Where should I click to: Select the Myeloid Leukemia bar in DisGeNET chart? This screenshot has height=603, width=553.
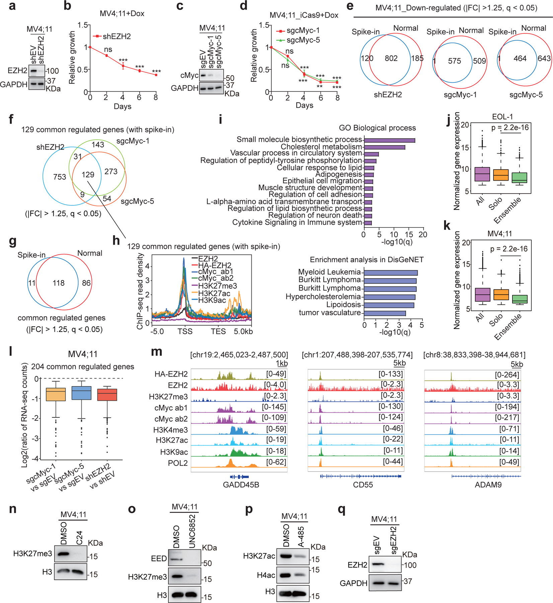tap(391, 273)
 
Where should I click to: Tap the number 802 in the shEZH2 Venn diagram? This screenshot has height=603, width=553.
tap(391, 59)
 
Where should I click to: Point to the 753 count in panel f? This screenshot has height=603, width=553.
tap(60, 177)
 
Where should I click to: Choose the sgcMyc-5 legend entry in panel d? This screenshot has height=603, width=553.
tap(303, 40)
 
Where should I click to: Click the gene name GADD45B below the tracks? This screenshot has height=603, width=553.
tap(241, 485)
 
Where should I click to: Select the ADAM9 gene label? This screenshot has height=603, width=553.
tap(488, 485)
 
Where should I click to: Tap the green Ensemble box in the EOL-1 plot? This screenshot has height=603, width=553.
tap(520, 178)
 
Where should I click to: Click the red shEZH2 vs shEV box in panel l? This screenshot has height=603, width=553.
tap(107, 395)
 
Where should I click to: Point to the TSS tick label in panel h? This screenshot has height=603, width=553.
tap(185, 332)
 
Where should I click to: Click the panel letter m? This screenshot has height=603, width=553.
tap(157, 351)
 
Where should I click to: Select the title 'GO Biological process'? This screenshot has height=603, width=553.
tap(377, 128)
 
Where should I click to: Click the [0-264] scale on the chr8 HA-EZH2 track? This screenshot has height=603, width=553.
tap(507, 375)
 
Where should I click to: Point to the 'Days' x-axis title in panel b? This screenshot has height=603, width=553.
tap(123, 107)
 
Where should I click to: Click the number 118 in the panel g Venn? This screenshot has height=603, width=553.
tap(59, 283)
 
